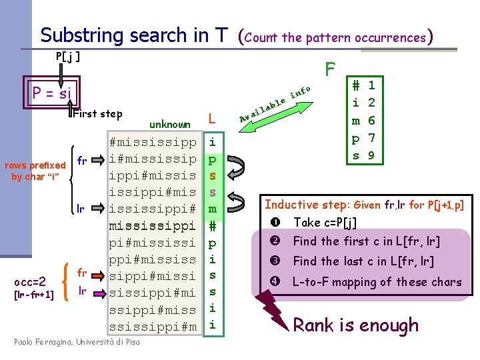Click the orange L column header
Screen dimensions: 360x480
coord(211,119)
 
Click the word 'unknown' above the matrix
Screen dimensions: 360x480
coord(169,124)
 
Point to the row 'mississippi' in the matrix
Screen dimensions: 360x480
coord(153,225)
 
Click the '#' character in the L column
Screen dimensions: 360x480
coord(211,225)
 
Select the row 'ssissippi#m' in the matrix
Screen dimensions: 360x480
coord(153,326)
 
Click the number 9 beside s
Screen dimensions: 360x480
coord(371,156)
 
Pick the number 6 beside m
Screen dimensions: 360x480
coord(371,121)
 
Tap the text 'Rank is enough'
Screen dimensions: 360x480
coord(356,325)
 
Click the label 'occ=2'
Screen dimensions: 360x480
coord(30,281)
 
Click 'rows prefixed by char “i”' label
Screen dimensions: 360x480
coord(35,171)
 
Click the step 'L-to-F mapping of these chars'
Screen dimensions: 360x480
coord(377,281)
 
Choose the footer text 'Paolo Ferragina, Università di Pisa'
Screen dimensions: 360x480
coord(77,343)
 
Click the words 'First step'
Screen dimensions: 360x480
coord(97,114)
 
